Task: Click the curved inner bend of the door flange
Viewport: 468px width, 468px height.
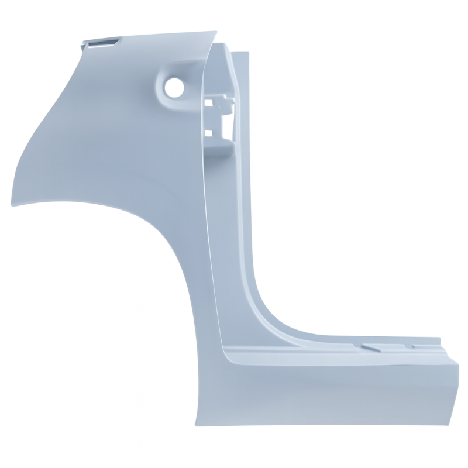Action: point(266,316)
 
